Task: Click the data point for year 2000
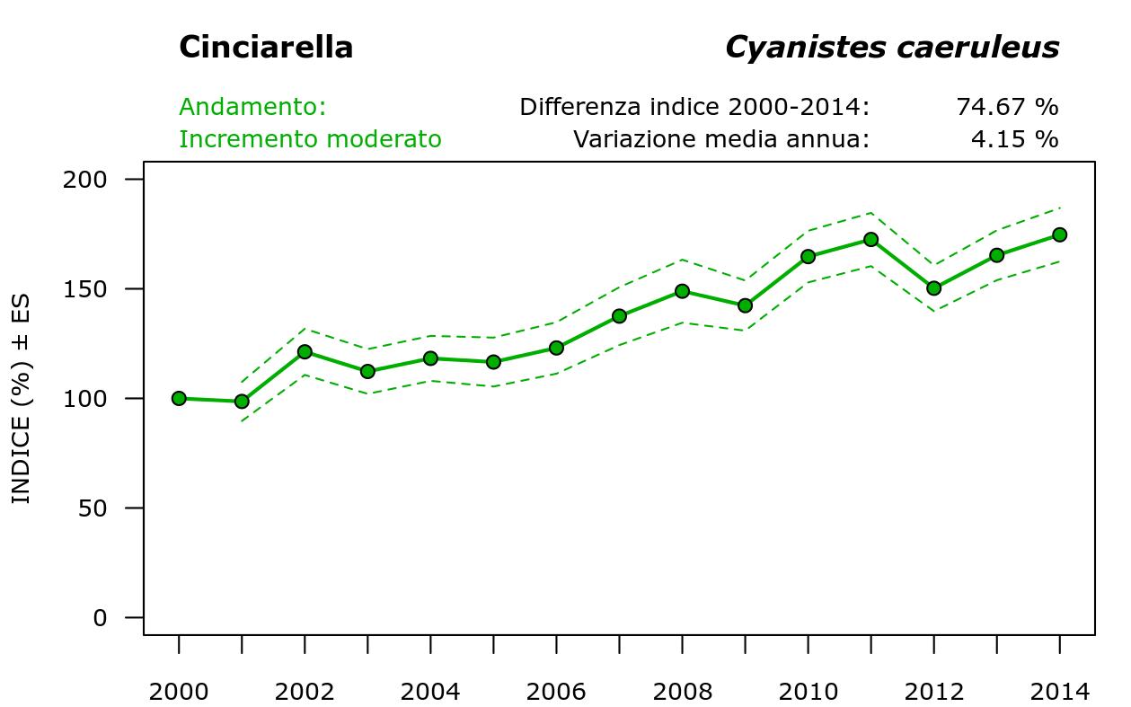tap(179, 398)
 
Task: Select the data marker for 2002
tap(305, 352)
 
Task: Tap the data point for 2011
tap(870, 240)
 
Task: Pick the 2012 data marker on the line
tap(933, 288)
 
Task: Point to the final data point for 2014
tap(1059, 234)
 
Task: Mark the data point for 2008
tap(682, 291)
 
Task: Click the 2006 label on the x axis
tap(556, 692)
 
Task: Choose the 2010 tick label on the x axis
tap(808, 692)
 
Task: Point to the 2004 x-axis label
tap(430, 692)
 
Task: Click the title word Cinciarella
tap(266, 48)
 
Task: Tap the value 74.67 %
tap(1007, 107)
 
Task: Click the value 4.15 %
tap(1014, 139)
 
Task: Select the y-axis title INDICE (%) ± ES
tap(22, 399)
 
